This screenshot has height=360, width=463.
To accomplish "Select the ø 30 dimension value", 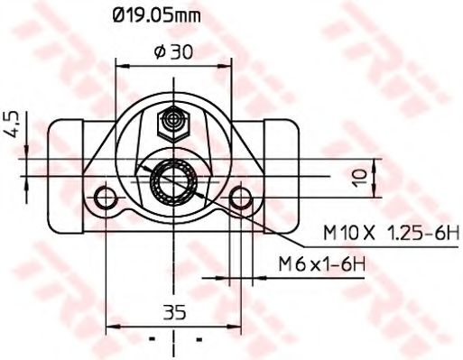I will tap(173, 52).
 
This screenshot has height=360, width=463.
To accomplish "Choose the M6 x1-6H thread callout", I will tap(321, 263).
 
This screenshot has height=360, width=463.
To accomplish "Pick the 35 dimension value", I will tap(173, 314).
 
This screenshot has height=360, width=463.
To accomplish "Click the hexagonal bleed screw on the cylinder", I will tap(172, 119).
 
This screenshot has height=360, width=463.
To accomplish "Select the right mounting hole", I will tap(239, 197).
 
